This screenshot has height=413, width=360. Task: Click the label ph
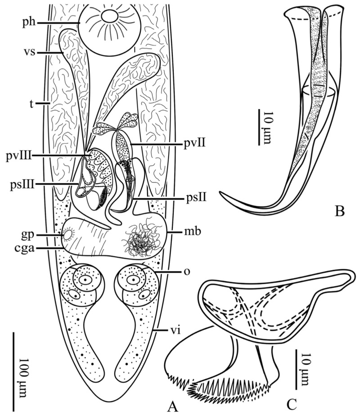pyautogui.click(x=29, y=22)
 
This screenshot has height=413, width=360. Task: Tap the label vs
pyautogui.click(x=29, y=52)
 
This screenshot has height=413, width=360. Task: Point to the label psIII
pyautogui.click(x=20, y=185)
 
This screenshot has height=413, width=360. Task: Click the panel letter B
pyautogui.click(x=339, y=211)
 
